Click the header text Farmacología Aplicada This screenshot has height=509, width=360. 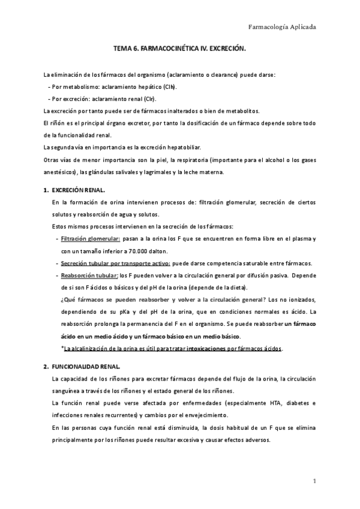[x=282, y=27]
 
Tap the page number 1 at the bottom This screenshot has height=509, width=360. [x=314, y=481]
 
